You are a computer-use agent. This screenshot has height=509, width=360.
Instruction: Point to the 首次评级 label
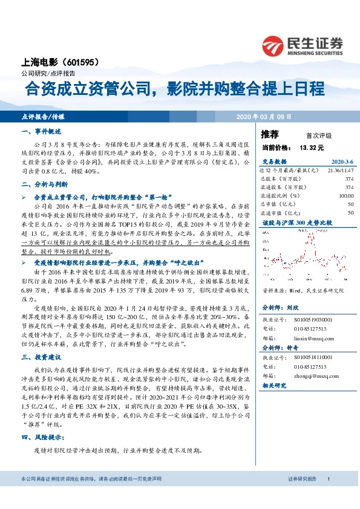[x=319, y=135]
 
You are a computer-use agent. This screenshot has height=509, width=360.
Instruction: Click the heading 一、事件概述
[x=38, y=131]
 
